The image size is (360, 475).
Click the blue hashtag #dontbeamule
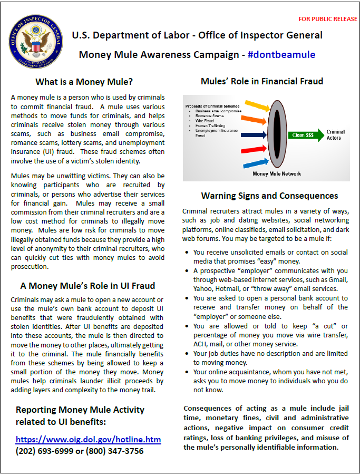pyautogui.click(x=281, y=55)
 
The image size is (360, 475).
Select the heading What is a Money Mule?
pyautogui.click(x=84, y=82)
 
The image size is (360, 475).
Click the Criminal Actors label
pyautogui.click(x=336, y=135)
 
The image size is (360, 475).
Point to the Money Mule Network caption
pyautogui.click(x=277, y=173)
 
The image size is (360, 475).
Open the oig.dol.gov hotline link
pyautogui.click(x=88, y=439)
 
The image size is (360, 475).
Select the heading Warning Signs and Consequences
pyautogui.click(x=269, y=196)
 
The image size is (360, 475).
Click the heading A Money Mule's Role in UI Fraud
pyautogui.click(x=87, y=286)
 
